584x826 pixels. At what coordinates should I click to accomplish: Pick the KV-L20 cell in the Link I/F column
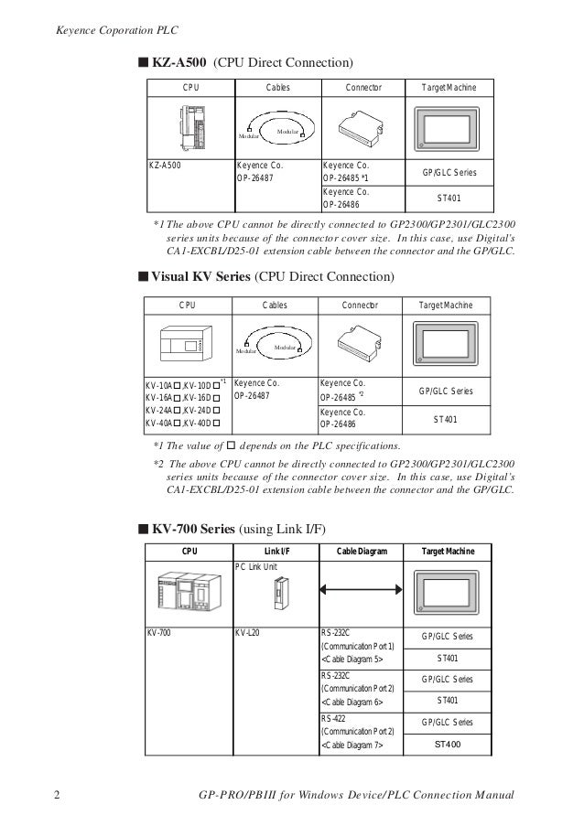248,633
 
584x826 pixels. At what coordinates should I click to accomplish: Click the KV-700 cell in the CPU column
159,633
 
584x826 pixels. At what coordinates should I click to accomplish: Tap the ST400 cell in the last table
448,746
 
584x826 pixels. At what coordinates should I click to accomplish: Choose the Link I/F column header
277,552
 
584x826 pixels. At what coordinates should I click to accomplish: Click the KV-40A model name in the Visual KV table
161,424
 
